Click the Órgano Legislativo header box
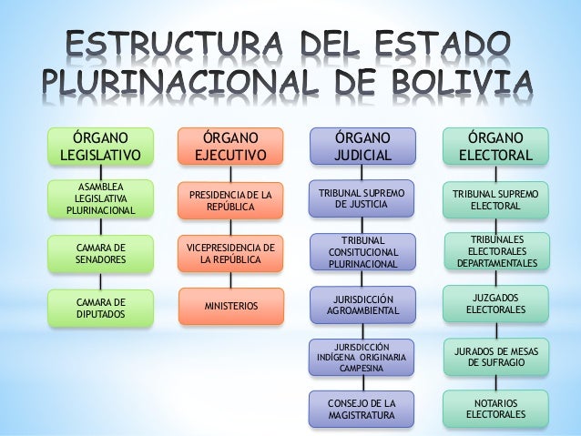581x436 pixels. click(100, 147)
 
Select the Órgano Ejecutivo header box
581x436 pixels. click(230, 147)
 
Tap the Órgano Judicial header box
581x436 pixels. click(362, 147)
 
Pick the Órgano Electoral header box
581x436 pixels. click(495, 147)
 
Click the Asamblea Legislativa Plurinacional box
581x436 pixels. click(100, 199)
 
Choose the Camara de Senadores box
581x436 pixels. click(100, 254)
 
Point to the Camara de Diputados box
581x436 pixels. click(100, 309)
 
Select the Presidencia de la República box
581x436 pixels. click(230, 201)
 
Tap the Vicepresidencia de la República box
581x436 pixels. click(230, 254)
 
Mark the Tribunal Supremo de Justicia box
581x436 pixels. click(362, 199)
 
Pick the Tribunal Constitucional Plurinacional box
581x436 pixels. click(362, 252)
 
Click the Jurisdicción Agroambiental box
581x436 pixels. click(362, 306)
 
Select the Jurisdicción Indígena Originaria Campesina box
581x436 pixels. click(362, 358)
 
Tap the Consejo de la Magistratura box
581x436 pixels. click(362, 409)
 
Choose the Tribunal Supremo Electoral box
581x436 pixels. click(495, 200)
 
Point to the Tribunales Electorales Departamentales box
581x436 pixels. click(495, 251)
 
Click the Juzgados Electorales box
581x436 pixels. click(495, 304)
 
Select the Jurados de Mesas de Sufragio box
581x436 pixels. click(495, 356)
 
